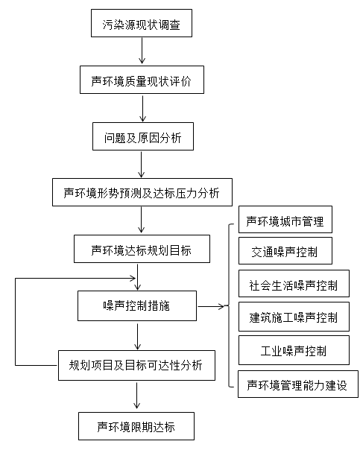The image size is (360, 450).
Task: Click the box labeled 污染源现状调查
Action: pyautogui.click(x=142, y=23)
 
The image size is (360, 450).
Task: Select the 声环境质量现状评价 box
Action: pyautogui.click(x=142, y=80)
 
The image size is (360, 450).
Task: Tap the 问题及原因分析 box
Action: pyautogui.click(x=143, y=136)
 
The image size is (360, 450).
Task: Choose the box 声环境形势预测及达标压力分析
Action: pyautogui.click(x=142, y=192)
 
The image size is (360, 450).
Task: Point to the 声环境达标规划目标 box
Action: pyautogui.click(x=142, y=249)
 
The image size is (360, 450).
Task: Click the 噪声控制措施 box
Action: pyautogui.click(x=137, y=305)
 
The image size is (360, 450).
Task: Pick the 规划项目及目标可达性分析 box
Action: pyautogui.click(x=136, y=365)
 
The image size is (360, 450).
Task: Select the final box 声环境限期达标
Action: pyautogui.click(x=136, y=426)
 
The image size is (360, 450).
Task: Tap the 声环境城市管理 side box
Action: pyautogui.click(x=285, y=219)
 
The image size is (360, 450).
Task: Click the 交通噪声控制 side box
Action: pyautogui.click(x=285, y=250)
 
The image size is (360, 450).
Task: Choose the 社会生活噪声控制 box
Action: pyautogui.click(x=294, y=283)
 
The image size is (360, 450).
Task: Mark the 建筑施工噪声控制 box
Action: pyautogui.click(x=294, y=317)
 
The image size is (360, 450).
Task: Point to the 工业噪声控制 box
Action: pyautogui.click(x=294, y=350)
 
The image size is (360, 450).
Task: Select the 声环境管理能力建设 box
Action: pyautogui.click(x=298, y=384)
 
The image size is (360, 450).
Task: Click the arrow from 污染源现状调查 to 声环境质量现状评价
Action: pyautogui.click(x=142, y=51)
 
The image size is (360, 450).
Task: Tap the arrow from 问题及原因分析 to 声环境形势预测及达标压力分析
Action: pyautogui.click(x=142, y=165)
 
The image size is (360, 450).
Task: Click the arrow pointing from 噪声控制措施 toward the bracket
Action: pyautogui.click(x=211, y=306)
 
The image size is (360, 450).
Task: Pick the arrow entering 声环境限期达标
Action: pyautogui.click(x=137, y=396)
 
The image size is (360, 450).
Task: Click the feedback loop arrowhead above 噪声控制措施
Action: pyautogui.click(x=133, y=278)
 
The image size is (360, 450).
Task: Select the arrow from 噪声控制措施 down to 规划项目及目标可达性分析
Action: pyautogui.click(x=138, y=337)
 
